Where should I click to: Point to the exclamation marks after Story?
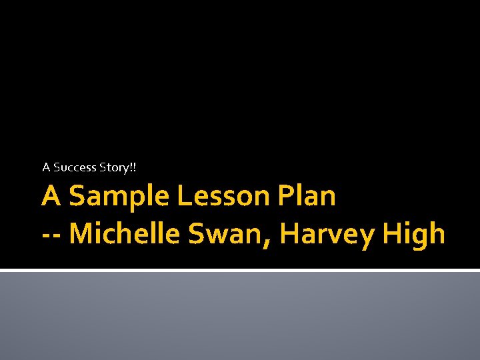(132, 167)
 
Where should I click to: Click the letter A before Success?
(46, 167)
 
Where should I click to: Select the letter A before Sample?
(52, 197)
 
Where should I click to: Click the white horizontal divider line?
(240, 271)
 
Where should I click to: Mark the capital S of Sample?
(77, 197)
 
